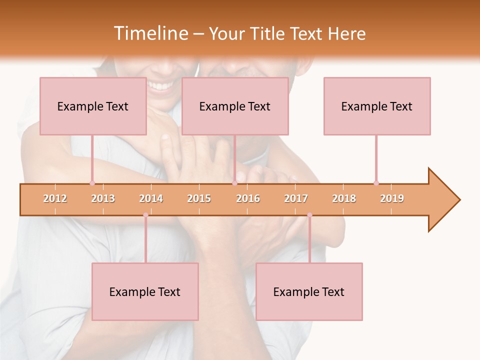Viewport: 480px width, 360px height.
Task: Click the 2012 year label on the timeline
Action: point(55,198)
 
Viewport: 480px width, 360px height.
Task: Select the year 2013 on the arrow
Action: point(103,198)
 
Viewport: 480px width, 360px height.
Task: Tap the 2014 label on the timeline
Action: point(151,198)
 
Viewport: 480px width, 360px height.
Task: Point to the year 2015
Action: point(199,198)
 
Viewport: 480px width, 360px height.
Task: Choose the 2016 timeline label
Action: point(248,198)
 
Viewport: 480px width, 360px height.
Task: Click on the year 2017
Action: point(296,198)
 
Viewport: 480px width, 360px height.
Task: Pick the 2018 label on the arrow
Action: point(344,198)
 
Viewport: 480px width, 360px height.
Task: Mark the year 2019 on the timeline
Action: point(392,198)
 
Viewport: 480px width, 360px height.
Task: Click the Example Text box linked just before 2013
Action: point(93,106)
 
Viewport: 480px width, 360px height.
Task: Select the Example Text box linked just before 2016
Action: point(235,106)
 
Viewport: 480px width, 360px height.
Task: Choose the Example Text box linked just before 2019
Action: point(377,106)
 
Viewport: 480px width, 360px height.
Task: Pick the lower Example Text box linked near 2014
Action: point(145,291)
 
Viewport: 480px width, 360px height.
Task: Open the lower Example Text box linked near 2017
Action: point(309,291)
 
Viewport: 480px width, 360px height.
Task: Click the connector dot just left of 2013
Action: point(92,183)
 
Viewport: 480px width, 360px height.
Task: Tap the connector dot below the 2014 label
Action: point(145,215)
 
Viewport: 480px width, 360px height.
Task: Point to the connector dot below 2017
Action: point(309,215)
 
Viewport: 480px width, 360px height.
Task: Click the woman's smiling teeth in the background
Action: point(160,86)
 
